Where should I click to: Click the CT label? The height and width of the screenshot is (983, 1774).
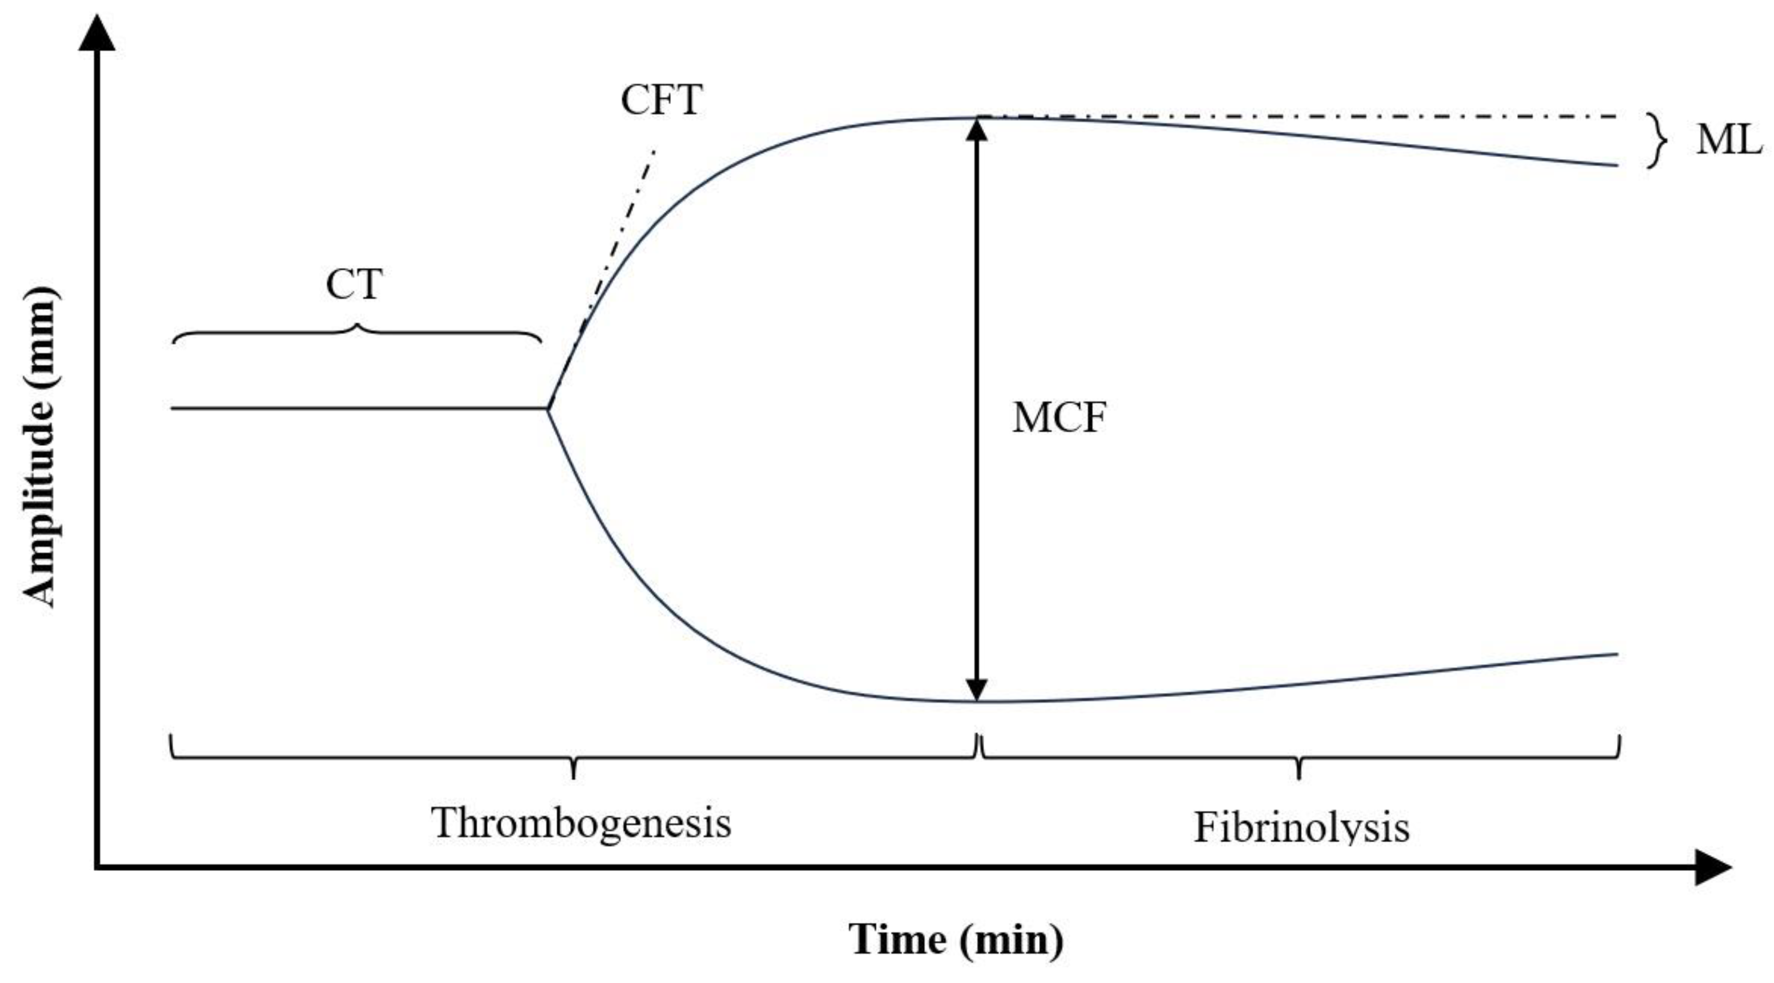[x=353, y=285]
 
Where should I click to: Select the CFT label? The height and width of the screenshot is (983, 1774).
[x=661, y=100]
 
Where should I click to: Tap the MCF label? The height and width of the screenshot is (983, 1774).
[x=1058, y=418]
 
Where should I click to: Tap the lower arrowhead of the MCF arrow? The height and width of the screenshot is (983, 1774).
[x=977, y=689]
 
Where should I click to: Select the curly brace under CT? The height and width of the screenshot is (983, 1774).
[x=356, y=332]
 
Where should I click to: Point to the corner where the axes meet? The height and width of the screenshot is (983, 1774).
[x=98, y=867]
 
